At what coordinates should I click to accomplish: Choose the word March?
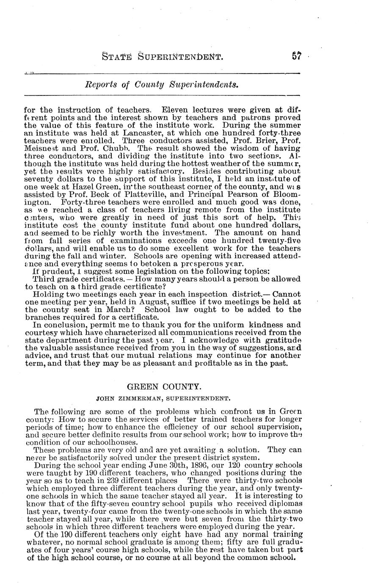pos(119,310)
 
